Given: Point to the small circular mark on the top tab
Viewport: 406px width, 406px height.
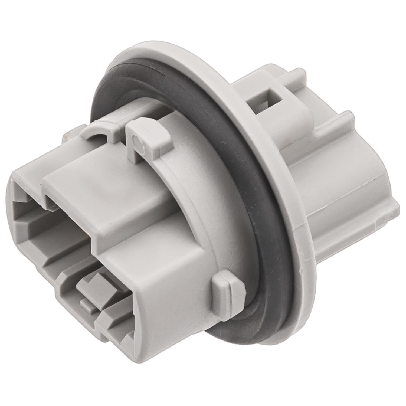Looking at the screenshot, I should click(x=137, y=141).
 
